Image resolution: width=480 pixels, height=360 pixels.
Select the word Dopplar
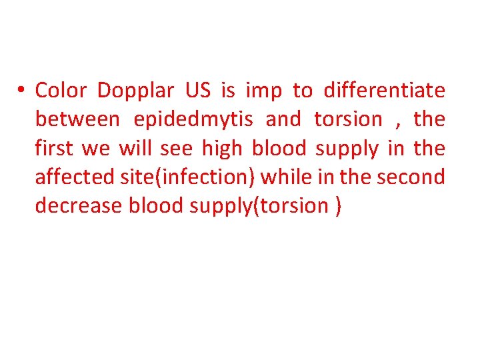point(135,90)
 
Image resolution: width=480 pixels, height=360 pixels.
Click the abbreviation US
point(198,90)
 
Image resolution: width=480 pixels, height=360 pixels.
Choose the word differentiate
point(384,90)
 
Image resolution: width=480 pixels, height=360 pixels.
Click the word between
point(77,119)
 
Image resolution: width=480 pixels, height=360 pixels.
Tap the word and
point(283,119)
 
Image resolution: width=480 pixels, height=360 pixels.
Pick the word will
point(136,148)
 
